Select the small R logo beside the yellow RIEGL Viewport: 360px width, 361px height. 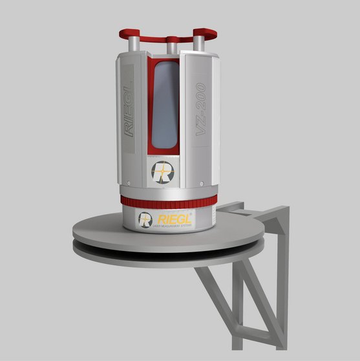[x=145, y=218]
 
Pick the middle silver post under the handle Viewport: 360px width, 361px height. [x=171, y=47]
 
